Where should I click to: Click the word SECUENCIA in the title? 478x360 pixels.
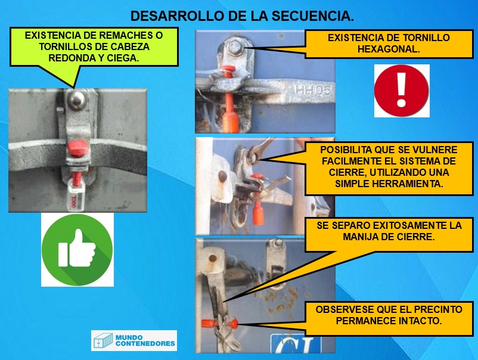tap(313, 16)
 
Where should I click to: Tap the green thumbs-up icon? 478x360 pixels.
tap(77, 250)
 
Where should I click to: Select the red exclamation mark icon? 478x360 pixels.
tap(402, 91)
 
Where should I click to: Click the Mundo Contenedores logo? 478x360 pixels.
tap(134, 340)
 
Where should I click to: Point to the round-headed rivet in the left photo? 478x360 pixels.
tap(76, 99)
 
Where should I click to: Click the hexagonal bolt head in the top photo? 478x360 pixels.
tap(235, 47)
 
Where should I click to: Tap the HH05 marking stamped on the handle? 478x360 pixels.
tap(312, 90)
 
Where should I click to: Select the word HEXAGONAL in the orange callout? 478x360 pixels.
tap(389, 49)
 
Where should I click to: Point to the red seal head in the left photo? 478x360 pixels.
tap(77, 148)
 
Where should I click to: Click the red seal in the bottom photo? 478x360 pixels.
tap(219, 323)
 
